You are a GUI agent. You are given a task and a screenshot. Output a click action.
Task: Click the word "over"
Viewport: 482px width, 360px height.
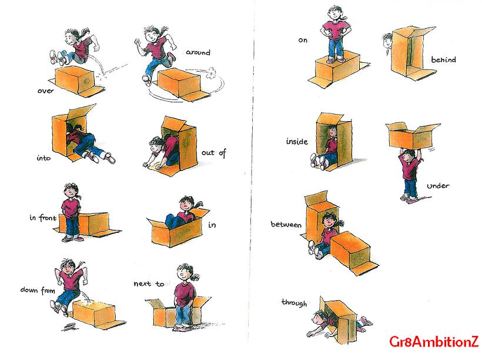pyautogui.click(x=45, y=91)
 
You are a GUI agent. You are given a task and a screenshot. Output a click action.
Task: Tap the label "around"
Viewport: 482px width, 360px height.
pyautogui.click(x=198, y=52)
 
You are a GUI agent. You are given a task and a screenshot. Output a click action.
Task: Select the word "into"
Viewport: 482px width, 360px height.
pyautogui.click(x=43, y=158)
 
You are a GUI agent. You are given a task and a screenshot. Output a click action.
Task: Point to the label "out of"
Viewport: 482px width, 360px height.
pyautogui.click(x=214, y=152)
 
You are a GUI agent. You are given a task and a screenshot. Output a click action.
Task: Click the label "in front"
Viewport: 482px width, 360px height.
pyautogui.click(x=43, y=218)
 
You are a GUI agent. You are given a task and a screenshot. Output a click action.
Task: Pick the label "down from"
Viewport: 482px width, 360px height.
pyautogui.click(x=38, y=290)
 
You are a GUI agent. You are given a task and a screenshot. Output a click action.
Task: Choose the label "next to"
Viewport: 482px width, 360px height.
pyautogui.click(x=149, y=284)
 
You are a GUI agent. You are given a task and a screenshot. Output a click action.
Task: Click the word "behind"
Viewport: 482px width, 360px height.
pyautogui.click(x=443, y=59)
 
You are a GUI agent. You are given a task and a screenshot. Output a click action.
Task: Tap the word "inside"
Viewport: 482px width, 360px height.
pyautogui.click(x=297, y=141)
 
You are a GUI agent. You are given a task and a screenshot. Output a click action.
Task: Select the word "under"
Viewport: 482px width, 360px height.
pyautogui.click(x=438, y=186)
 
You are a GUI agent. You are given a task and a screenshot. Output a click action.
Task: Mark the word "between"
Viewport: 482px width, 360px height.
pyautogui.click(x=286, y=224)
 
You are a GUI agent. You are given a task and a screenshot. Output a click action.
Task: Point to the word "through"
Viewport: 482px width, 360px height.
pyautogui.click(x=294, y=303)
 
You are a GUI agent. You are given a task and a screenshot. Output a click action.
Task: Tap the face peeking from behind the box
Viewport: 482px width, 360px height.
pyautogui.click(x=387, y=42)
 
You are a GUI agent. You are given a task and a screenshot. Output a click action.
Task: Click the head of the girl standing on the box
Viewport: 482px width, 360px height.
pyautogui.click(x=335, y=13)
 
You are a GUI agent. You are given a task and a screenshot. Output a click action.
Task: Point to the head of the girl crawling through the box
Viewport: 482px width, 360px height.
pyautogui.click(x=320, y=318)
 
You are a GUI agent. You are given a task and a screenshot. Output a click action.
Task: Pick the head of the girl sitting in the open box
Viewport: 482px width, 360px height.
pyautogui.click(x=186, y=204)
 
